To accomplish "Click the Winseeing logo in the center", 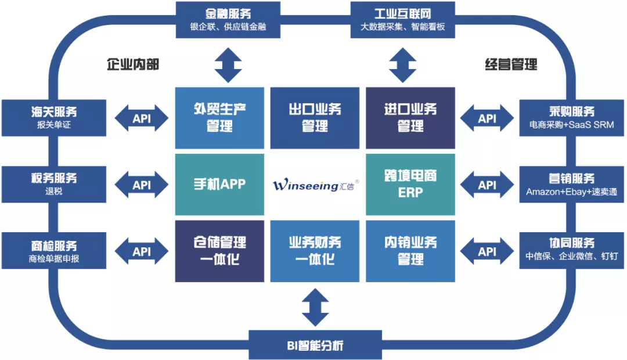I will [x=315, y=185].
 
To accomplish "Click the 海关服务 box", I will [x=53, y=118].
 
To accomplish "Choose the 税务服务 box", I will [x=53, y=185].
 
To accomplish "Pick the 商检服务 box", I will [x=53, y=251].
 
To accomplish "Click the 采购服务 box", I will [x=571, y=118].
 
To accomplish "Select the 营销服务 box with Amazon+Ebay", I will [x=571, y=185].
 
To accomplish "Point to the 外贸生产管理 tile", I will [x=219, y=118].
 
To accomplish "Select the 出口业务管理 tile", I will [x=315, y=118].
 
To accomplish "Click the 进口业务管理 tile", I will [x=410, y=118].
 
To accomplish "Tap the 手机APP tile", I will [x=219, y=185].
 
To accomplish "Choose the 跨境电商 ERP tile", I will [x=410, y=185].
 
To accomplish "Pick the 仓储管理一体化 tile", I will [x=219, y=251].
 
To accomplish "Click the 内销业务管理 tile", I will [x=410, y=251].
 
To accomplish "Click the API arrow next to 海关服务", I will [x=142, y=118].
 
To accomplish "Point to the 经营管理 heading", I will [x=511, y=64].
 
